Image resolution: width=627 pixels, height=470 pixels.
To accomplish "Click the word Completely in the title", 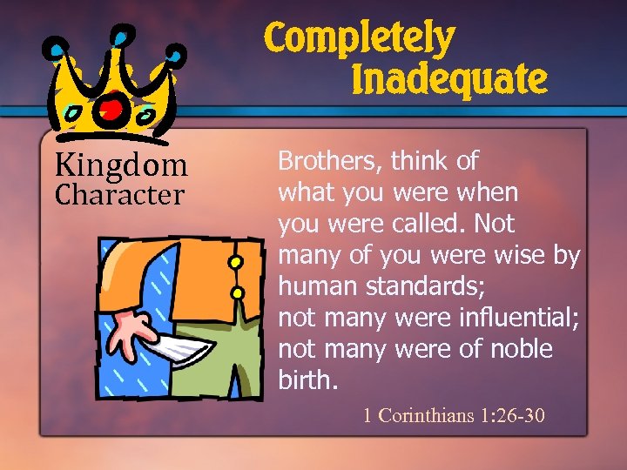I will click(x=359, y=40).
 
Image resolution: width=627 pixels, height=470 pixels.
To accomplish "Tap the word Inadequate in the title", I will click(x=449, y=80).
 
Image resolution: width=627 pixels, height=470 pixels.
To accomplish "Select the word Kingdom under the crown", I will click(x=121, y=164).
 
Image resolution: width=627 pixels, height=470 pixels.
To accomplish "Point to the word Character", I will click(x=119, y=195).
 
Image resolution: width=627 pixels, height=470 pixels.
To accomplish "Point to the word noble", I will click(x=521, y=350).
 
